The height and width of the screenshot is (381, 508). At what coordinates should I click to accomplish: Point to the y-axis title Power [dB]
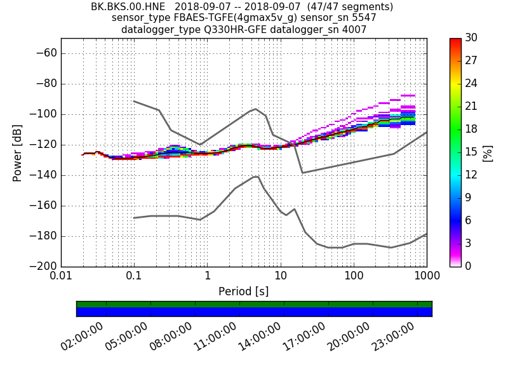pos(17,152)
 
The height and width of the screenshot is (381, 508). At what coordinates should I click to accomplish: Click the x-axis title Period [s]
pos(243,291)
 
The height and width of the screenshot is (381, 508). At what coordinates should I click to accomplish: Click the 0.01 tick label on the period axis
pos(61,277)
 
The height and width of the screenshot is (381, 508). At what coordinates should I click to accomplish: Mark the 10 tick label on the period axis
pos(280,277)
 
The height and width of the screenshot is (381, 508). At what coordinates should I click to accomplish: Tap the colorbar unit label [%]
pos(488,152)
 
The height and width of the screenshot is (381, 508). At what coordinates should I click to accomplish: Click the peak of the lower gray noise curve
pos(257,176)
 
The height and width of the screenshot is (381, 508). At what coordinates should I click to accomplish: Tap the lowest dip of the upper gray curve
pos(303,173)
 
